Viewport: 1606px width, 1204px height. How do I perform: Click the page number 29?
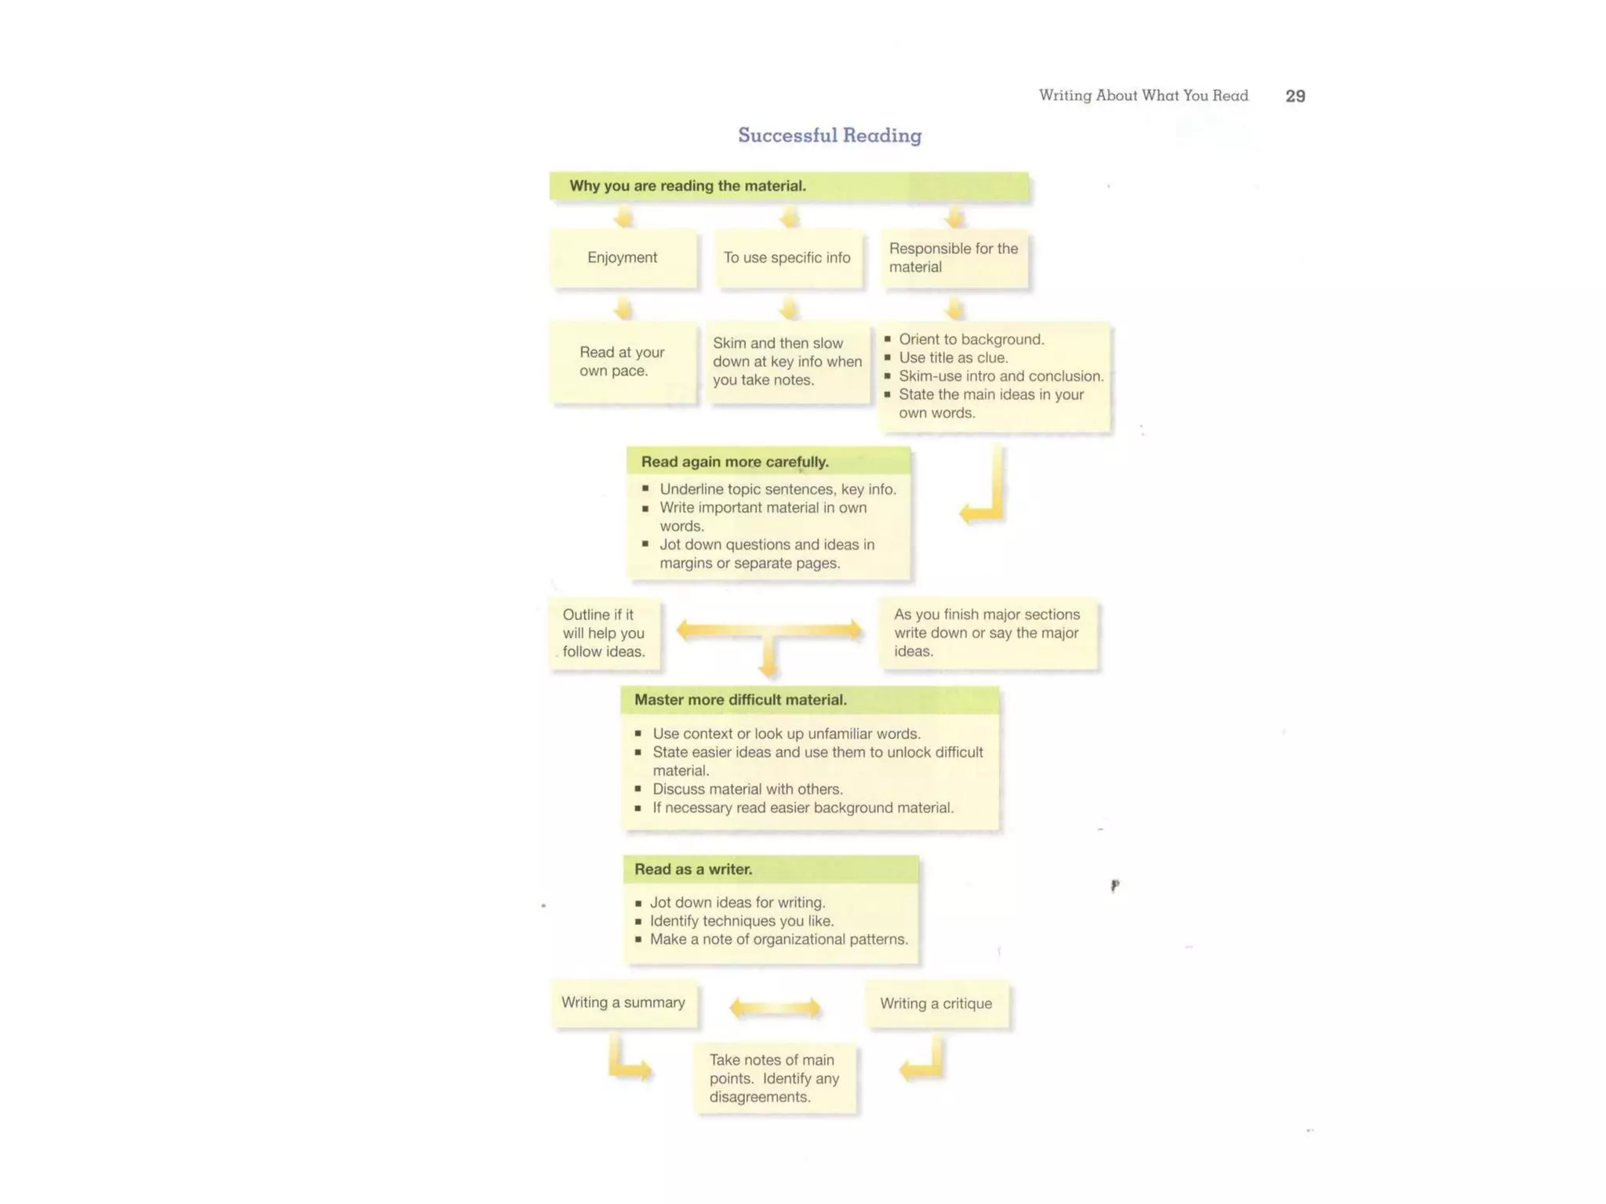[1295, 96]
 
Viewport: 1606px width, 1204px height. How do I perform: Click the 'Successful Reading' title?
[830, 136]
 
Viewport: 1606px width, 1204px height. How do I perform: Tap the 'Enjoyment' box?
[623, 258]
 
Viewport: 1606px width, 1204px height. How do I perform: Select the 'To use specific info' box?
[787, 258]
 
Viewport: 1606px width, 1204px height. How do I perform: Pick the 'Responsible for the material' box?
[954, 258]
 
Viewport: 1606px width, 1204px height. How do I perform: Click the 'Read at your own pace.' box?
[623, 361]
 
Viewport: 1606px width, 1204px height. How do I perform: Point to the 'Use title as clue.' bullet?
[953, 358]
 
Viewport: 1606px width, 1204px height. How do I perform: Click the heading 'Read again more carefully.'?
[735, 462]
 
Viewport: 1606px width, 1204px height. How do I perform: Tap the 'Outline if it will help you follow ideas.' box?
[604, 633]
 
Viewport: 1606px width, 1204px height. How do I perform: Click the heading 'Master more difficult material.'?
[740, 700]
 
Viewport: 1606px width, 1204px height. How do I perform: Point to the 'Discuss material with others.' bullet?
[747, 789]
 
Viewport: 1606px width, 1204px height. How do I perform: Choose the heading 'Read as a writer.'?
[693, 869]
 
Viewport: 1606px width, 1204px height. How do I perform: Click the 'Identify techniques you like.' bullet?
[741, 921]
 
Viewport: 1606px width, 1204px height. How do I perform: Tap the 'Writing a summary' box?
[623, 1003]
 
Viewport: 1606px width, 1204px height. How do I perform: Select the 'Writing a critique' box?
[936, 1003]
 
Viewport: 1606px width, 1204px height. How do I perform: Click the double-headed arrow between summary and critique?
[776, 1008]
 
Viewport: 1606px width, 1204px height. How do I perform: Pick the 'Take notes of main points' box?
[775, 1079]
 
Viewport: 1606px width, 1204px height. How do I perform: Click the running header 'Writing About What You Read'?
[1143, 96]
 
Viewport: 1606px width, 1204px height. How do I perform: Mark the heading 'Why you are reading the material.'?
[688, 186]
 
